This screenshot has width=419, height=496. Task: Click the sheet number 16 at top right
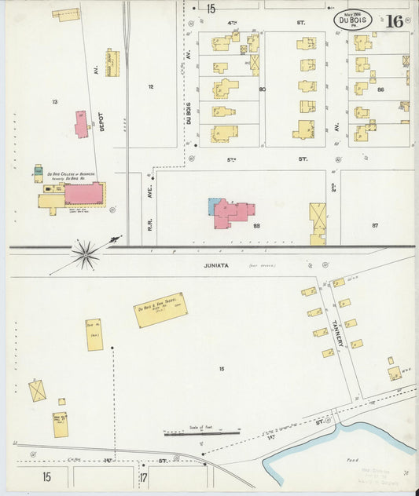pos(395,21)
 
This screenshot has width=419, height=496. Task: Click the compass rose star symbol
pos(86,253)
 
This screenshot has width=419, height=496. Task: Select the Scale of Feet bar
pos(201,432)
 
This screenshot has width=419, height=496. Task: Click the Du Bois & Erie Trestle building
pos(160,309)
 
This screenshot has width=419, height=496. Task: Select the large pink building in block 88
pos(233,213)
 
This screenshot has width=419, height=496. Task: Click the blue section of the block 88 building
pos(214,206)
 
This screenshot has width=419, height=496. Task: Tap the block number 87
pos(375,225)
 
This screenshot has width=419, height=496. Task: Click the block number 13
pos(54,101)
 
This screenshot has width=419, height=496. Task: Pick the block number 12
pos(150,86)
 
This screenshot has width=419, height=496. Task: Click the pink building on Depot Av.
pos(81,124)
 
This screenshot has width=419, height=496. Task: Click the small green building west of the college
pos(38,170)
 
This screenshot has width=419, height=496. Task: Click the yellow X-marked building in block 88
pos(318,219)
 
